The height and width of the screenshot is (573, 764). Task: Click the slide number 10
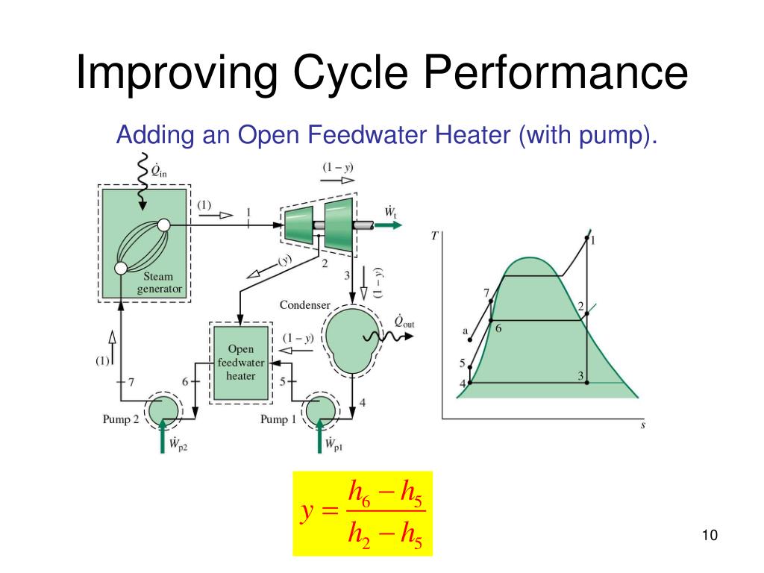click(x=709, y=536)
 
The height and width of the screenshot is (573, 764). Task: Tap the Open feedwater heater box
click(x=240, y=363)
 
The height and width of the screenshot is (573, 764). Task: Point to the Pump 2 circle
click(x=162, y=410)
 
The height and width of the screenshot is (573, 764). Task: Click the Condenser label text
click(x=305, y=305)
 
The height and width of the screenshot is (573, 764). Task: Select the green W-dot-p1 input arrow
click(x=320, y=435)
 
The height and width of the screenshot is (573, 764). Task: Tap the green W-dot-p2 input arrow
click(x=163, y=435)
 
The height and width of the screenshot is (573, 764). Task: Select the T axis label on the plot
click(x=435, y=236)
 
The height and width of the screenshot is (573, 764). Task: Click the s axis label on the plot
click(x=643, y=425)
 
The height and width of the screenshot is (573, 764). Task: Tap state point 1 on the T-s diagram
click(x=586, y=237)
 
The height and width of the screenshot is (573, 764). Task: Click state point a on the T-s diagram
click(x=470, y=340)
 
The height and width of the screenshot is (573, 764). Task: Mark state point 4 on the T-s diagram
click(x=470, y=383)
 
